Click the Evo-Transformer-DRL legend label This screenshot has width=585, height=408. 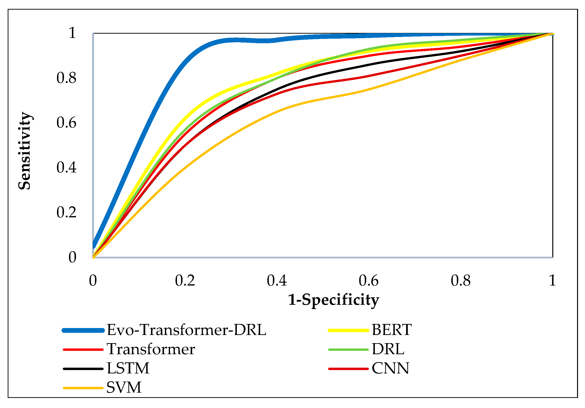(x=186, y=330)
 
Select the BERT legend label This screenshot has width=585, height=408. (x=392, y=330)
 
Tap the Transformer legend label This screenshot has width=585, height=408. (x=151, y=349)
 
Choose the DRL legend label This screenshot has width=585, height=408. (x=388, y=349)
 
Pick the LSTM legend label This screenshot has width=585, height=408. (x=128, y=368)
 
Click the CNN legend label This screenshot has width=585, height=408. (x=390, y=368)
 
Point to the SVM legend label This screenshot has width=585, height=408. (x=124, y=388)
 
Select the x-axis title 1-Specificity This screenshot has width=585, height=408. (x=333, y=300)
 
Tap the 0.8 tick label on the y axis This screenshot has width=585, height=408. (x=66, y=78)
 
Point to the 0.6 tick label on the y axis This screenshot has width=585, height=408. (x=66, y=123)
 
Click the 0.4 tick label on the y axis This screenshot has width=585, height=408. (x=66, y=167)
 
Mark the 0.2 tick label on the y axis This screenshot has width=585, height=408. (x=66, y=212)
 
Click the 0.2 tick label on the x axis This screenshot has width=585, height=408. (x=185, y=281)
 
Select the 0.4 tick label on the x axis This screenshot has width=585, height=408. (x=277, y=281)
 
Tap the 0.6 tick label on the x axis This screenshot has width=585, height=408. (x=368, y=281)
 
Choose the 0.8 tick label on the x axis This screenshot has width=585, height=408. (x=460, y=281)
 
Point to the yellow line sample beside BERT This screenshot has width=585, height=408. (x=348, y=330)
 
